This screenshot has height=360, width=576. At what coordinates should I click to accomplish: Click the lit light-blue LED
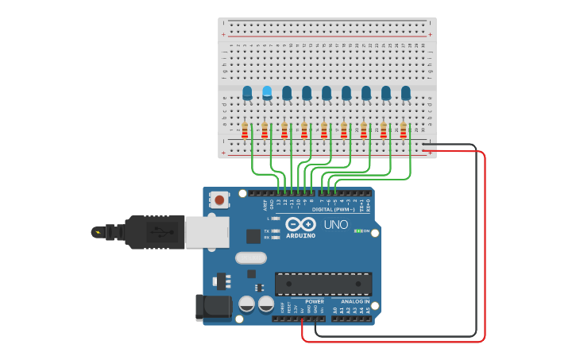(x=267, y=92)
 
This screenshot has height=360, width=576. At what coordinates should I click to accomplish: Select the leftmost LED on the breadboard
(x=247, y=92)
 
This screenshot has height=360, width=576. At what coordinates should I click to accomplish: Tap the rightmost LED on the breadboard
(x=406, y=93)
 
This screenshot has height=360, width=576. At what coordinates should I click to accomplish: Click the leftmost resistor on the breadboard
(x=245, y=130)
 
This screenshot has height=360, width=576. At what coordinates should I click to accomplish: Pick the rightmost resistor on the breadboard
(x=404, y=130)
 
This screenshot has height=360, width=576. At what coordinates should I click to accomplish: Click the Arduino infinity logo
(x=301, y=225)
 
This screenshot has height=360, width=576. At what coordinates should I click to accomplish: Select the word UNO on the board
(x=335, y=225)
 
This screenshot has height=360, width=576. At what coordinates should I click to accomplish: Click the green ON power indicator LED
(x=357, y=230)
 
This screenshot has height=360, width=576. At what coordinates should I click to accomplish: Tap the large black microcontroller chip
(x=323, y=284)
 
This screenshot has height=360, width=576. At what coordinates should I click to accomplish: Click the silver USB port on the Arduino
(x=207, y=232)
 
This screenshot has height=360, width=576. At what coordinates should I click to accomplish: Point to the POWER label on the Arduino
(x=315, y=302)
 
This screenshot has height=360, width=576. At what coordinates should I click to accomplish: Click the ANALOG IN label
(x=354, y=302)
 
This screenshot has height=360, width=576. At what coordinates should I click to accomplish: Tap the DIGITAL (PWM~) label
(x=334, y=210)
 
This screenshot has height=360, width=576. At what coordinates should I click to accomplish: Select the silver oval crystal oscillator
(x=250, y=257)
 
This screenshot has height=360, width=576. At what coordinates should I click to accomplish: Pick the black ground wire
(x=476, y=238)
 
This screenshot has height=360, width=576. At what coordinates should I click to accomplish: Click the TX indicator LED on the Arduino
(x=275, y=230)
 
